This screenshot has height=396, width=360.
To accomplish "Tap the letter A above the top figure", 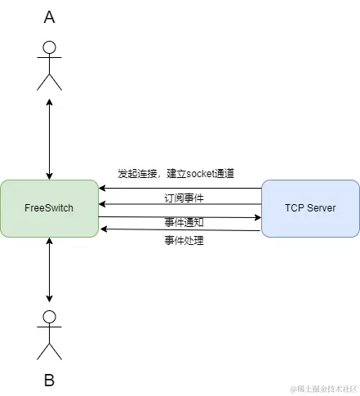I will coord(50,17).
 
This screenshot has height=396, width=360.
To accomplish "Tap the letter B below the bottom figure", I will coord(50,380).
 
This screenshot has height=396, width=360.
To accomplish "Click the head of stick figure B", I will coord(50,317).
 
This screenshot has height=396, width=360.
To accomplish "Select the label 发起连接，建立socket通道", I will coord(176,174).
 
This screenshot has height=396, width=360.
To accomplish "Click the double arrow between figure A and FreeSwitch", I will coord(50,139).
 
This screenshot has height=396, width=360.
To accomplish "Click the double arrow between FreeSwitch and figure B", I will coord(50,274).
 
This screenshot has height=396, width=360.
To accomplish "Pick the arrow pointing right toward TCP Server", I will coord(180,217).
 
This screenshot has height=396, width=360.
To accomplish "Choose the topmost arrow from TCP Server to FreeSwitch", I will coord(180,188).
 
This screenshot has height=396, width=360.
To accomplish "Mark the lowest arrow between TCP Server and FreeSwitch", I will coord(180,230).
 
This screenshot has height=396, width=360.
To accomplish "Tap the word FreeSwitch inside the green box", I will coord(49,208).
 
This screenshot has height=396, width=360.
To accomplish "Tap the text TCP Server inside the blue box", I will coord(310,208).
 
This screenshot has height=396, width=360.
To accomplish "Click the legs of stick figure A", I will coord(50,81).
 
